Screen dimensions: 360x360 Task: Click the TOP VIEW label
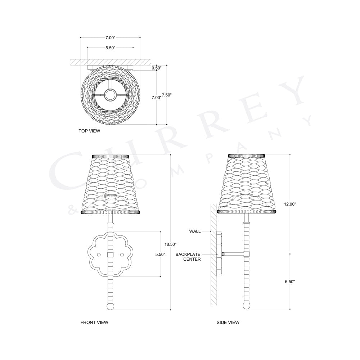click(x=89, y=131)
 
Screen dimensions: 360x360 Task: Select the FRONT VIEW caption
click(x=94, y=323)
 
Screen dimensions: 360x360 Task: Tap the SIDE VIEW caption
click(x=228, y=323)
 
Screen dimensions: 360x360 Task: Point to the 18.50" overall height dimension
click(x=170, y=244)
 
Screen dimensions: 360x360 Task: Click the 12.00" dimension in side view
click(x=290, y=204)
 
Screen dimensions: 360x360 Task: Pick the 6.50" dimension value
click(x=290, y=282)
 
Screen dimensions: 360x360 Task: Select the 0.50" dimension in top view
click(x=156, y=68)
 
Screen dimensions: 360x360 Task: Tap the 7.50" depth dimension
click(x=167, y=95)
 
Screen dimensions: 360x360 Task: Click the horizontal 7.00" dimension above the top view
click(x=110, y=37)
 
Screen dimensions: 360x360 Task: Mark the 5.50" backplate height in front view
click(x=160, y=254)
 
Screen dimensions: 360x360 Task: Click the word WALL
click(x=195, y=231)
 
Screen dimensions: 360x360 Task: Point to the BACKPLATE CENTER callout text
click(x=188, y=257)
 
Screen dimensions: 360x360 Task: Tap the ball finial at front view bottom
click(x=111, y=306)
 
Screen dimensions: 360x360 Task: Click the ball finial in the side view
click(x=247, y=306)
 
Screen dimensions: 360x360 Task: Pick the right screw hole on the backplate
click(x=122, y=255)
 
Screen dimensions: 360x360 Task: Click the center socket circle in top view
click(x=110, y=95)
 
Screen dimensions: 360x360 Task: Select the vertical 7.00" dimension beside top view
click(x=156, y=98)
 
